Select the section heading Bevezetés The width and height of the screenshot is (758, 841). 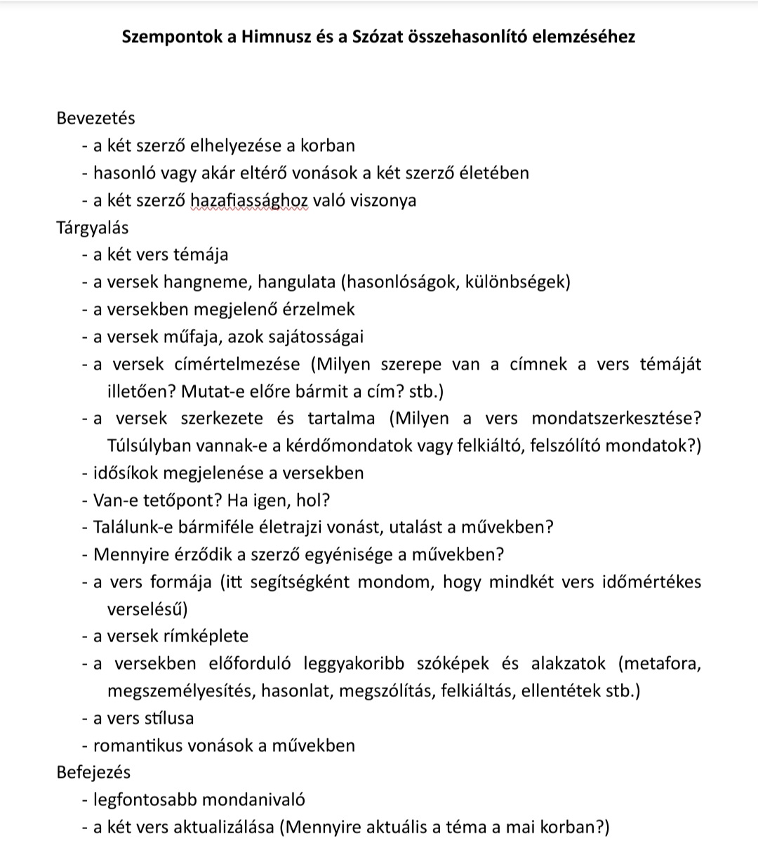click(x=95, y=118)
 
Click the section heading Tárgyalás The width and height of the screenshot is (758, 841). click(x=92, y=228)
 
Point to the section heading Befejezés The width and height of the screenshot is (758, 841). click(x=93, y=772)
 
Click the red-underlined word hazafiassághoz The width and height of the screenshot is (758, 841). click(x=249, y=200)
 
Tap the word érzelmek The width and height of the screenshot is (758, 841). click(x=320, y=310)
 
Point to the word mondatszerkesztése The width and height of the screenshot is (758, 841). click(x=616, y=419)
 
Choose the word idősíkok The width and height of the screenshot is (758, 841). click(x=126, y=474)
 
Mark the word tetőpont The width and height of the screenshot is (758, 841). click(x=161, y=500)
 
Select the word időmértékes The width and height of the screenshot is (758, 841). click(x=652, y=582)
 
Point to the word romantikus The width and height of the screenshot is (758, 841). click(x=138, y=745)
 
